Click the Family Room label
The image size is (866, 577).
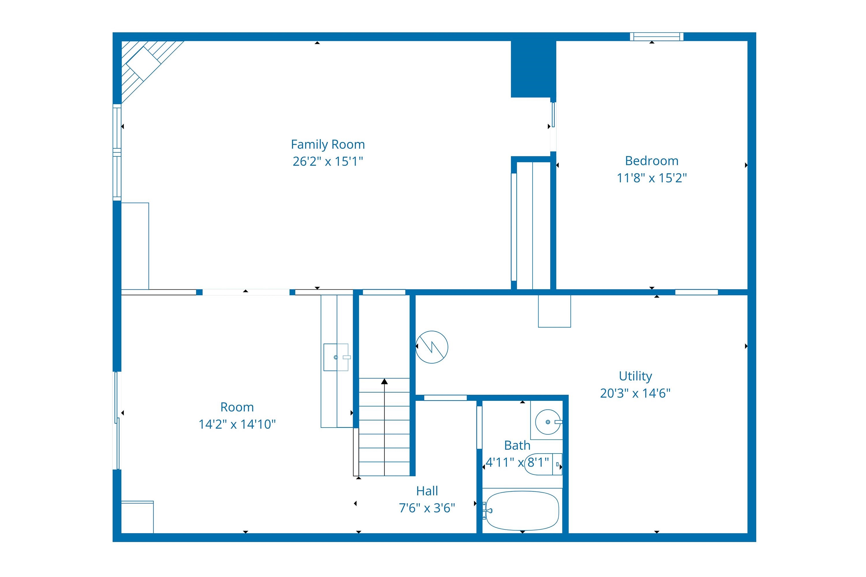(x=328, y=144)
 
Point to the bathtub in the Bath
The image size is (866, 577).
(x=522, y=511)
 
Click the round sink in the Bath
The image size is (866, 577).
(x=548, y=422)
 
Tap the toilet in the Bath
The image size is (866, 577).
(x=543, y=464)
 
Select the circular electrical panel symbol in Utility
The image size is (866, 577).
(x=432, y=347)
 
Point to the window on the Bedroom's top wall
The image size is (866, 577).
(x=656, y=36)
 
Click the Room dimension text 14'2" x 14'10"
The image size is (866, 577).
(x=237, y=424)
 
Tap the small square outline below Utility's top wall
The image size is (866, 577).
(x=554, y=311)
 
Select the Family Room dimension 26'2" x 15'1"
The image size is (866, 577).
(x=328, y=162)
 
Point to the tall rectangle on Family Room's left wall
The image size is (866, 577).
(x=135, y=246)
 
